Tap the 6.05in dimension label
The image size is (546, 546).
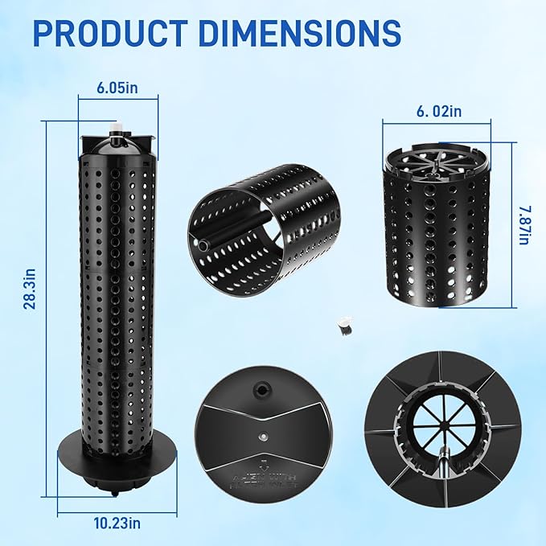(x=117, y=88)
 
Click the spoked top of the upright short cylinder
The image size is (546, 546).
(x=436, y=168)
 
